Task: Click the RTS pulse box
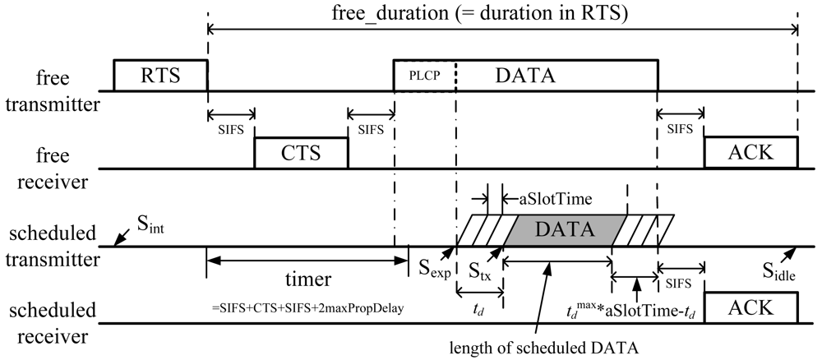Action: (x=160, y=76)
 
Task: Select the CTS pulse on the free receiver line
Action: (x=301, y=153)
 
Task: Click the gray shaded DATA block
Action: (x=564, y=230)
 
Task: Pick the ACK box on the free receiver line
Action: (x=750, y=153)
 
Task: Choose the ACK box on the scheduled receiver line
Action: (x=750, y=307)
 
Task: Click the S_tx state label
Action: (x=479, y=270)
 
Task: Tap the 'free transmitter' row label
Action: (x=53, y=90)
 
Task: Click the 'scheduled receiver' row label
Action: (x=53, y=322)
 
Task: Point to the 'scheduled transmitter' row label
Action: (x=53, y=246)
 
